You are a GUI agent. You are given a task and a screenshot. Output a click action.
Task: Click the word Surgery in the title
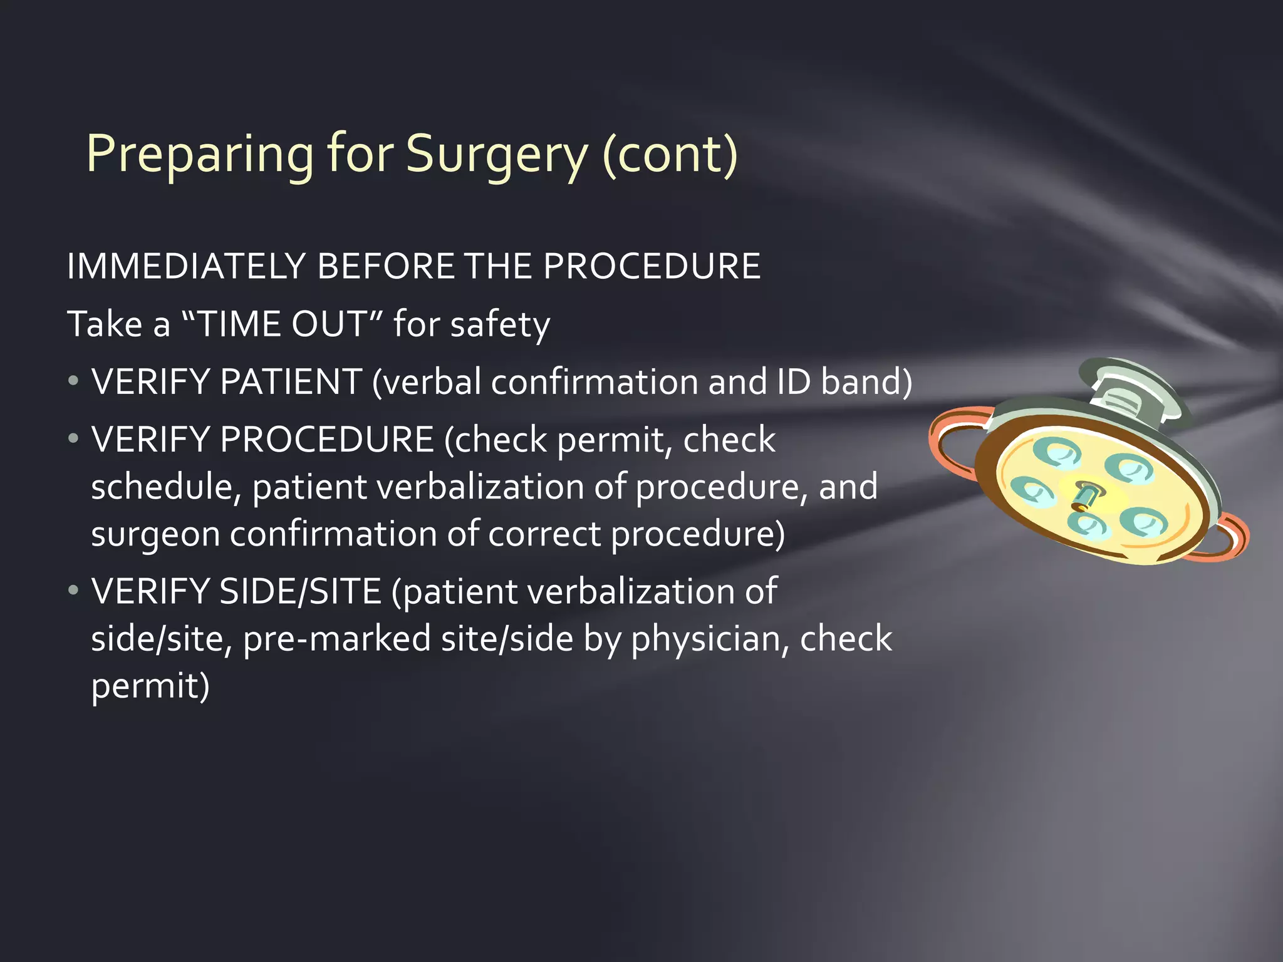coord(497,155)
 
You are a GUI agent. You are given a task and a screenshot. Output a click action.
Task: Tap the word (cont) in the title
coord(670,155)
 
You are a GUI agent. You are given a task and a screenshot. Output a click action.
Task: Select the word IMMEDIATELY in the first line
coord(185,267)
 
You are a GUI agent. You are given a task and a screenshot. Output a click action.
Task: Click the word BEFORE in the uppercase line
coord(386,267)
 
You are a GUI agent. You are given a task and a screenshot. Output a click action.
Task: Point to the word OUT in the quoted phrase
coord(329,324)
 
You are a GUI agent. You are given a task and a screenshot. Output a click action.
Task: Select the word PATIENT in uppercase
coord(291,382)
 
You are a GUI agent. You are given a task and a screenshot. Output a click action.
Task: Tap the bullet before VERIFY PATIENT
coord(74,381)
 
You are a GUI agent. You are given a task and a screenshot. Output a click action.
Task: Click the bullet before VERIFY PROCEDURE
coord(74,438)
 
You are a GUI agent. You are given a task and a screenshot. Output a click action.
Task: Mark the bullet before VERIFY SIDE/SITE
coord(74,590)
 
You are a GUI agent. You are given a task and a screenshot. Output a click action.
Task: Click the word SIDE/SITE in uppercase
coord(301,591)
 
